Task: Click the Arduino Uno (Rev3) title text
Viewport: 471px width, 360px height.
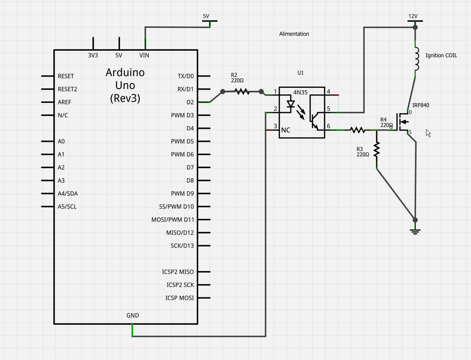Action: (125, 85)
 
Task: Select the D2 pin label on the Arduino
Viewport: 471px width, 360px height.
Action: (190, 102)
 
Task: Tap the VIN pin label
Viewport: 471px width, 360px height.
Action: (144, 55)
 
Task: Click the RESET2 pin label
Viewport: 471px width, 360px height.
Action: (67, 89)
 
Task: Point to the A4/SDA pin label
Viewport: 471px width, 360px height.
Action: (68, 194)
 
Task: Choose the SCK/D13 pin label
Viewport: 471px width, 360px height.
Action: (182, 246)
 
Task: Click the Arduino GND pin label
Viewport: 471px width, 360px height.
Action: (133, 316)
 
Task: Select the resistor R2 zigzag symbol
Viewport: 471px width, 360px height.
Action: (242, 92)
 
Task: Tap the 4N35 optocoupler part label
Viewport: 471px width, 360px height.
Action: (301, 92)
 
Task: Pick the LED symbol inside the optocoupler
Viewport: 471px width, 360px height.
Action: (291, 104)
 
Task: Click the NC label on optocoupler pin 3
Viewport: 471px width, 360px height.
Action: (286, 130)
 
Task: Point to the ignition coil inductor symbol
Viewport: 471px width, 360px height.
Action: (416, 59)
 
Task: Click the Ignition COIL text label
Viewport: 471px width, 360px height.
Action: (441, 56)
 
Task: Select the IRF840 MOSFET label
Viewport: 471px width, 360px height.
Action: (420, 105)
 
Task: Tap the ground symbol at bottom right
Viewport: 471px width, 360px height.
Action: (415, 232)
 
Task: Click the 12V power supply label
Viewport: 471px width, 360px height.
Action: (413, 16)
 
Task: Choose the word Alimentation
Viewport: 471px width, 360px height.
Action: (294, 34)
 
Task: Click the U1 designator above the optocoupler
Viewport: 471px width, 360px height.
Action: (301, 73)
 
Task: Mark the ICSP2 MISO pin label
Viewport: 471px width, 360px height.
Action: (178, 272)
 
